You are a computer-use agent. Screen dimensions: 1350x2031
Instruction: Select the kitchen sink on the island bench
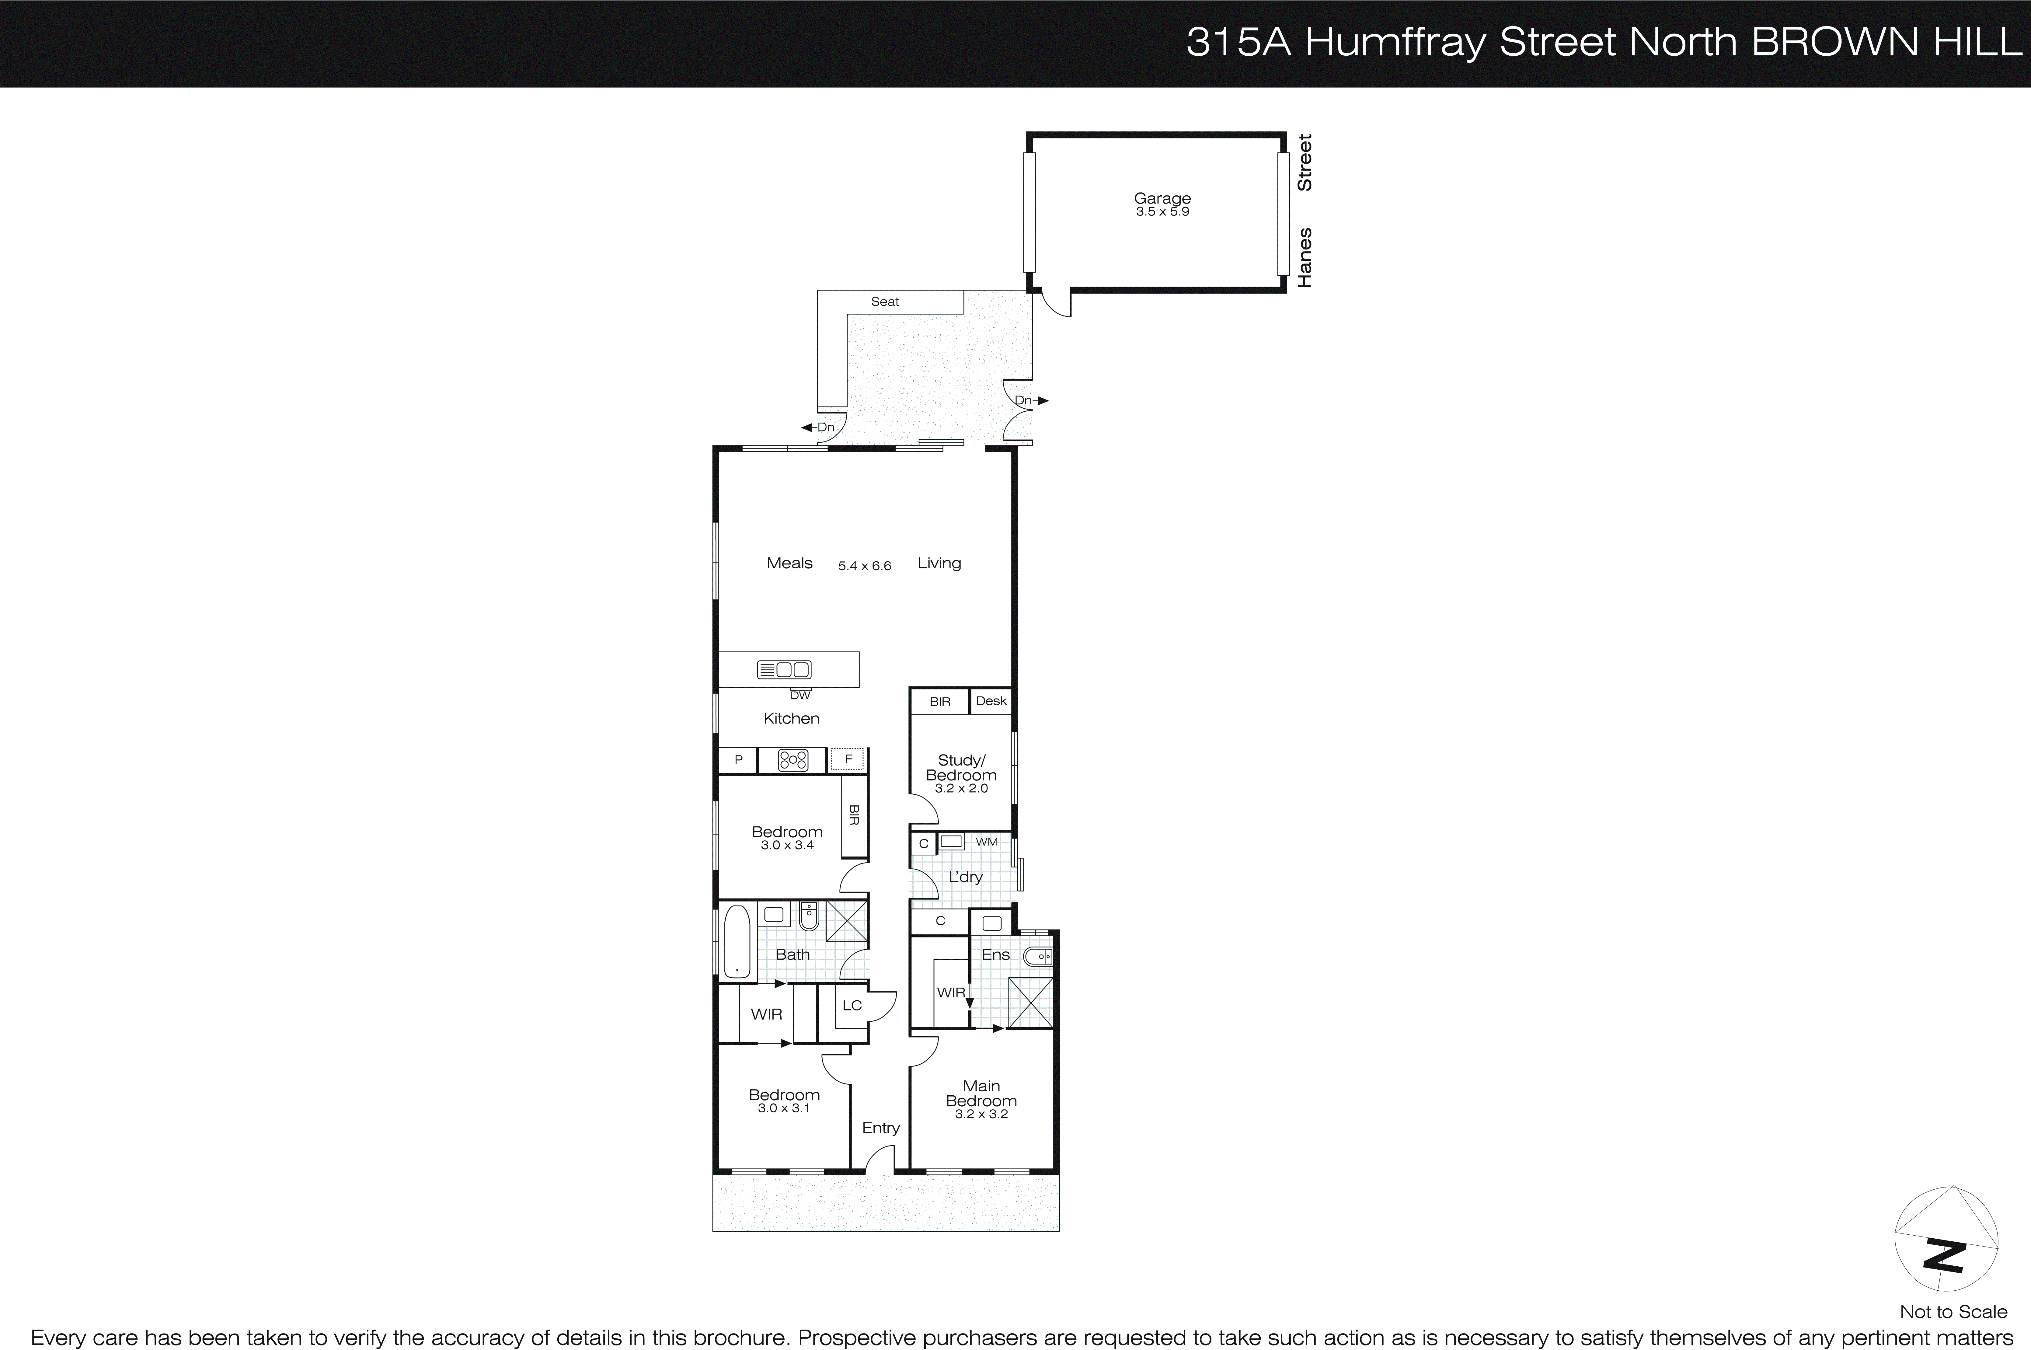(783, 669)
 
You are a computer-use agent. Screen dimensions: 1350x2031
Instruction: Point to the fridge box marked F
(848, 759)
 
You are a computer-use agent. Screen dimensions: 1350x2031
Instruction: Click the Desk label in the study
(991, 701)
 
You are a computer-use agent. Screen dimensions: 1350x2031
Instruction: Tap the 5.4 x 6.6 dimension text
(864, 566)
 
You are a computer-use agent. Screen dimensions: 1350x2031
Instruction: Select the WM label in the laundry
(987, 841)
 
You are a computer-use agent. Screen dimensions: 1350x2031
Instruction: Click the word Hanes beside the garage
(1305, 257)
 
